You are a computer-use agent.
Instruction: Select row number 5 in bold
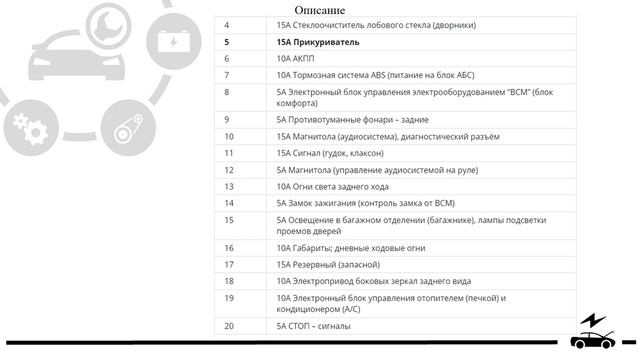[227, 42]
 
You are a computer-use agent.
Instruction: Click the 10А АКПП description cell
[296, 58]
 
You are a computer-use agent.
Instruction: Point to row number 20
[229, 325]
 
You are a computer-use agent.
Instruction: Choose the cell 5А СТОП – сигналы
[313, 325]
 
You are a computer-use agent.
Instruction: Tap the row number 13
[229, 185]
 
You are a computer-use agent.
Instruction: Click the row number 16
[229, 247]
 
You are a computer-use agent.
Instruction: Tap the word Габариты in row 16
[315, 247]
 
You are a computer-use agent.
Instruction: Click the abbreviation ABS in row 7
[373, 75]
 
